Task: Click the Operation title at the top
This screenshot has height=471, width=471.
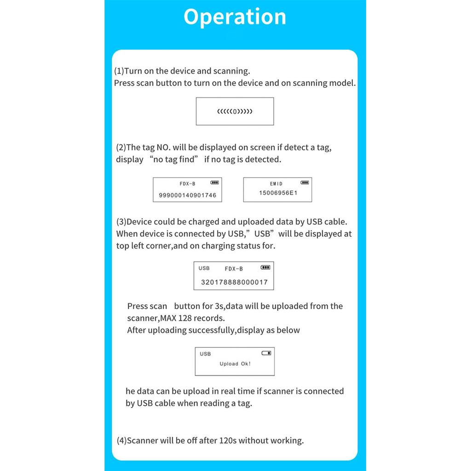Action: point(235,17)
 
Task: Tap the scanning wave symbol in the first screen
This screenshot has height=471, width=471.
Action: point(235,112)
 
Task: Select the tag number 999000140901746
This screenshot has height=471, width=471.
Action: point(187,195)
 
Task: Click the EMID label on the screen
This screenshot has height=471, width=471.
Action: point(276,184)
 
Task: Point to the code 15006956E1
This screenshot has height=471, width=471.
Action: point(278,193)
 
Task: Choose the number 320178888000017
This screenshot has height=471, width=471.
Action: point(234,282)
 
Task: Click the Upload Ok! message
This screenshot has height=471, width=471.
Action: point(235,364)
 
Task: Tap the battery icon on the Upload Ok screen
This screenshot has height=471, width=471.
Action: point(266,353)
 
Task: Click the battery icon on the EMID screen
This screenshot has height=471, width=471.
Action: point(304,183)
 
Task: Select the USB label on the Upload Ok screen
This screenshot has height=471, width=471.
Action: point(205,354)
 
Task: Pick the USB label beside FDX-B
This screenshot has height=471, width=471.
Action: point(204,268)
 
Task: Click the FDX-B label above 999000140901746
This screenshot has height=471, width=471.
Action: point(188,184)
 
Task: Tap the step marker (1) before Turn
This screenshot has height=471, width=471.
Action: point(119,71)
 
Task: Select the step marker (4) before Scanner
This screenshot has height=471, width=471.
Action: point(121,440)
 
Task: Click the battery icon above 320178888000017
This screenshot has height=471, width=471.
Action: point(265,267)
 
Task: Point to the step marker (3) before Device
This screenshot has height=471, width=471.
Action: point(121,222)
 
